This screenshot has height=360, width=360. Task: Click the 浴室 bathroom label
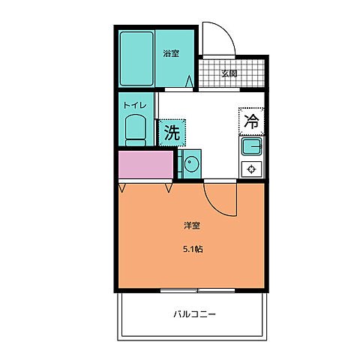point(171,53)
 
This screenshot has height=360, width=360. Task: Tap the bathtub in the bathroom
point(136,58)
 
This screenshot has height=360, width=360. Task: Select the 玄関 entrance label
point(229,73)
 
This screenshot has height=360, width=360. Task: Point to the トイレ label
point(134,105)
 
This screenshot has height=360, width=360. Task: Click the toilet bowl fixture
point(136,130)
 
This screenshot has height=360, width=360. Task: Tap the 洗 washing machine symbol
point(172,133)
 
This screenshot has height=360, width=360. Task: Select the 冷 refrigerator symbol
point(252,120)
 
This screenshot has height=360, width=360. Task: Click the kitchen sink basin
point(250,145)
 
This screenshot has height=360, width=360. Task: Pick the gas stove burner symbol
point(250,169)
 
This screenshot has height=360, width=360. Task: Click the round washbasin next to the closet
point(190,163)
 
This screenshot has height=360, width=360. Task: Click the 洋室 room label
point(192,225)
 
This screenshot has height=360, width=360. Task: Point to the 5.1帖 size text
point(192,250)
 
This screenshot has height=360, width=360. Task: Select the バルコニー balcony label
point(192,314)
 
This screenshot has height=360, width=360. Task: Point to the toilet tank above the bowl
point(136,118)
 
